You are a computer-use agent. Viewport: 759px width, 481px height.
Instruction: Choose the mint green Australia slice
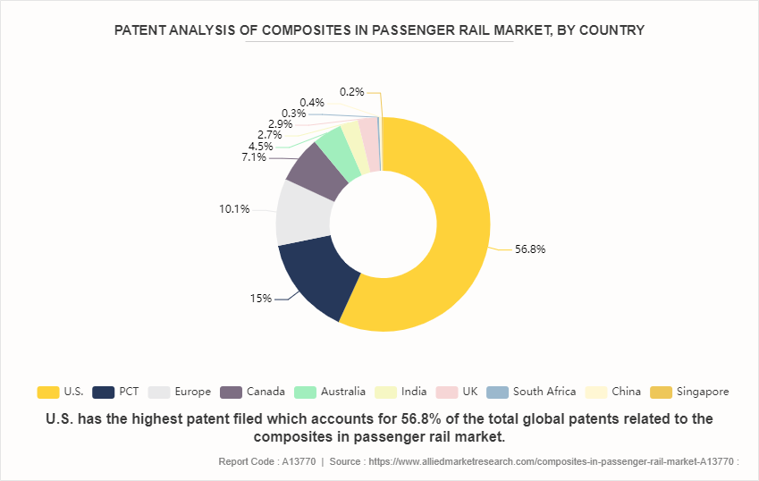click(335, 148)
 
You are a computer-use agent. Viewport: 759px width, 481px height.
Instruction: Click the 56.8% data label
click(529, 249)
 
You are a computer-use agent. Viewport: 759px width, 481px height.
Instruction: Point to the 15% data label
click(261, 299)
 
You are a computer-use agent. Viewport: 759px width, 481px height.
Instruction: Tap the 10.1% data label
click(234, 209)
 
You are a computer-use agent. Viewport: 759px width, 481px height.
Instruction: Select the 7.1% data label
click(254, 157)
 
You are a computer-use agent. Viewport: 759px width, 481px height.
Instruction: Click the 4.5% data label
click(261, 147)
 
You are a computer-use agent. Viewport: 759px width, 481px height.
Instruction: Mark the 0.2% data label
click(352, 91)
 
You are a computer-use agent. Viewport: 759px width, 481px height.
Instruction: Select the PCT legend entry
click(115, 392)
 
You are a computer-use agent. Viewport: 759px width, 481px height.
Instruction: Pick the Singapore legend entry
click(691, 392)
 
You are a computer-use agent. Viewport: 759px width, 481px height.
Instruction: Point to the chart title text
click(379, 30)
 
